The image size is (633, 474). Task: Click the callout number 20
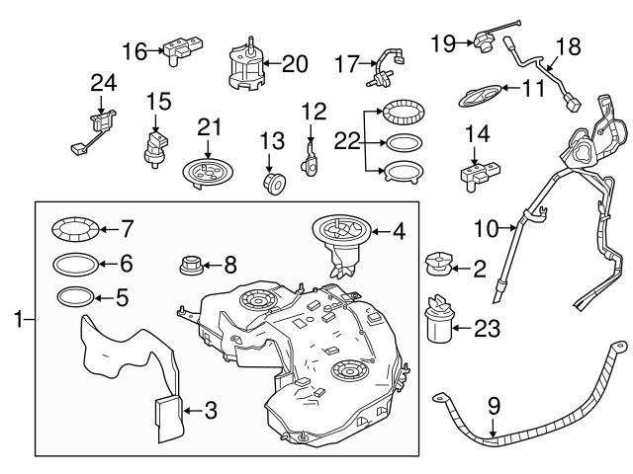(296, 63)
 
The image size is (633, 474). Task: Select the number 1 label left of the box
(16, 319)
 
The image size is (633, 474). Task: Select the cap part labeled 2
(440, 264)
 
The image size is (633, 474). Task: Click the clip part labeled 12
(312, 158)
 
